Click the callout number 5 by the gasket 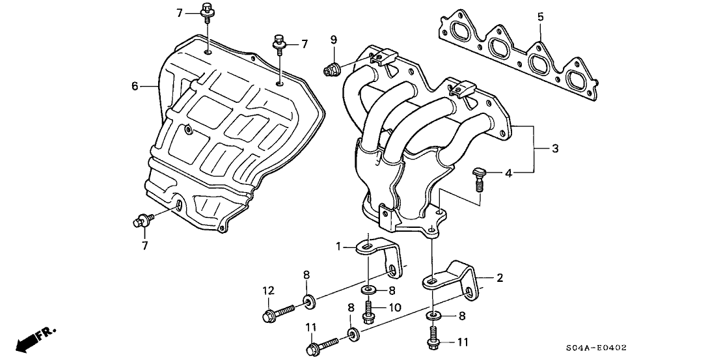coord(539,16)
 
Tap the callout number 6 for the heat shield coord(135,86)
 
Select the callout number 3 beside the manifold coord(554,149)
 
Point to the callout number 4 coord(508,173)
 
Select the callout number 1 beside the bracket coord(338,245)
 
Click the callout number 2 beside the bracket coord(499,278)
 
